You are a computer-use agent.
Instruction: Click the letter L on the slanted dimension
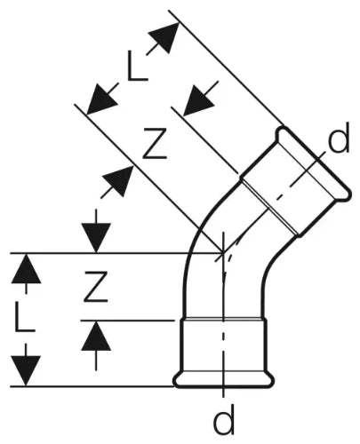click(137, 66)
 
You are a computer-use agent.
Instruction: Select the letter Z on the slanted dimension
click(155, 143)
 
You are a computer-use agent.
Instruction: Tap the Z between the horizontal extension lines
click(95, 287)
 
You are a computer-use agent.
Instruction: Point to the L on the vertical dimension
click(25, 316)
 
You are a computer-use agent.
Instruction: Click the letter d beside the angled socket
click(339, 138)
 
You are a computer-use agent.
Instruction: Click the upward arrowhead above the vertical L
click(26, 268)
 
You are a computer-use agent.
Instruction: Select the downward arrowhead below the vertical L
click(26, 371)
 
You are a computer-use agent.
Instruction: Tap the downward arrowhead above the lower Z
click(96, 238)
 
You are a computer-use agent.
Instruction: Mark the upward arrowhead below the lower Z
click(96, 336)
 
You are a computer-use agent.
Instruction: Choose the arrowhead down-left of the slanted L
click(102, 99)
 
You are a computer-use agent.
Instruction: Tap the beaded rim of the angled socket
click(315, 163)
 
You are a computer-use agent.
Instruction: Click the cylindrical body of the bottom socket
click(224, 345)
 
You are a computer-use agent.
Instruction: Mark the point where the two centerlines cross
click(223, 253)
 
